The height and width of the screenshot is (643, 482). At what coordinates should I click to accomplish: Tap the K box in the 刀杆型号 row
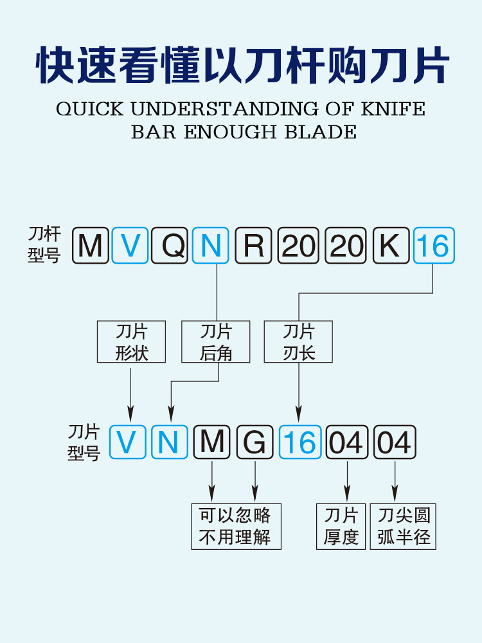click(390, 246)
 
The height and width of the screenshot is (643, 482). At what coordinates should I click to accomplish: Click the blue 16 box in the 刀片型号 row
click(300, 442)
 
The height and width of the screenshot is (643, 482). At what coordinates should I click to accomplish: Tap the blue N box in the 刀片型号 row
click(169, 442)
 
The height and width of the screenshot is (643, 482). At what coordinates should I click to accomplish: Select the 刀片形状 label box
click(131, 341)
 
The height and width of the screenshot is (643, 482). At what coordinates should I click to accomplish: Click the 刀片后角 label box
click(216, 341)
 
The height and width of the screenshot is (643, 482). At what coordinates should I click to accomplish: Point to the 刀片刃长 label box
click(299, 341)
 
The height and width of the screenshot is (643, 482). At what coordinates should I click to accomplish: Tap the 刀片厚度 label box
click(341, 526)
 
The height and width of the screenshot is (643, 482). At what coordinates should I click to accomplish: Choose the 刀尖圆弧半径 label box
click(403, 526)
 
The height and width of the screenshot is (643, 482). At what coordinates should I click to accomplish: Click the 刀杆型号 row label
click(44, 245)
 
